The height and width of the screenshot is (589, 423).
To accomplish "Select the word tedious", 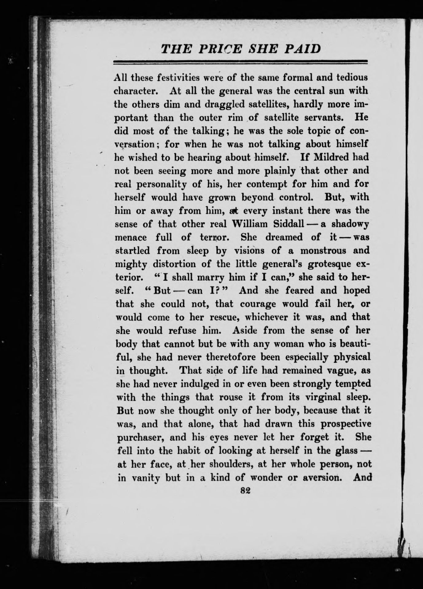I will [x=349, y=78].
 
